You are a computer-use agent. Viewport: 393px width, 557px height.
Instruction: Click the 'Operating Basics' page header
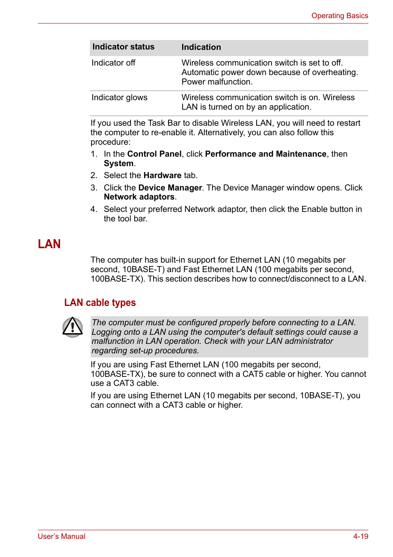tap(339, 16)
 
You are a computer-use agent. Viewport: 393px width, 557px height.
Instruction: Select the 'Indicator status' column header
tap(123, 47)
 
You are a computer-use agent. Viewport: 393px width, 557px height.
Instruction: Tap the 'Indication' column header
tap(201, 47)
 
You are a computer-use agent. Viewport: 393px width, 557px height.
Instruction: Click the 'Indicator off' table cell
tap(113, 63)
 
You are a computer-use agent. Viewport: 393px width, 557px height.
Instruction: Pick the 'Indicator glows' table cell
tap(119, 98)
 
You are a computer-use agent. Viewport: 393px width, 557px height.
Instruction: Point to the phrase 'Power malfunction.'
tap(217, 82)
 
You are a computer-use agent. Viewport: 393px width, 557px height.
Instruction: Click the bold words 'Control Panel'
tap(154, 154)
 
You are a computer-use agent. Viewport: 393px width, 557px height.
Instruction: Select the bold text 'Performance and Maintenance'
tap(265, 154)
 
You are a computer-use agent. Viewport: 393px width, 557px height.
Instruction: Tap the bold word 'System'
tap(118, 164)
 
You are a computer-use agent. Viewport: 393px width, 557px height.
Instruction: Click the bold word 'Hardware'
tap(162, 176)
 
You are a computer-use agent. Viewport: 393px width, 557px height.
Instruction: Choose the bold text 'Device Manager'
tap(170, 188)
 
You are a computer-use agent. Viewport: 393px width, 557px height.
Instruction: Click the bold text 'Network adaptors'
tap(139, 197)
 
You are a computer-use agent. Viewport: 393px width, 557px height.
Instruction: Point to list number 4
tap(94, 209)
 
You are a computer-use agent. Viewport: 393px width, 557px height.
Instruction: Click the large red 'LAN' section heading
tap(49, 244)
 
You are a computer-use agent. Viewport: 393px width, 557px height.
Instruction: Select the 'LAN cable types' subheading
tap(100, 303)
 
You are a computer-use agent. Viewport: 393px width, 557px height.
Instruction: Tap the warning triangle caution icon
tap(73, 327)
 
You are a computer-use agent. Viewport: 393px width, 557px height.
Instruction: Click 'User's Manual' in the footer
tap(61, 536)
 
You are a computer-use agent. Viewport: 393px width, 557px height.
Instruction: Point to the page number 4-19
tap(360, 536)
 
